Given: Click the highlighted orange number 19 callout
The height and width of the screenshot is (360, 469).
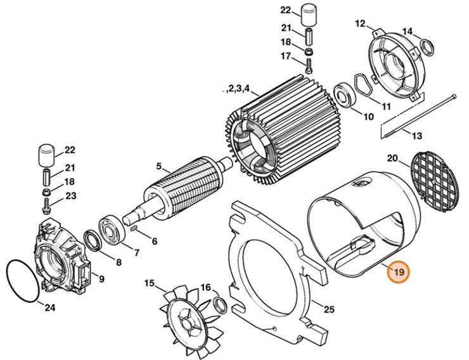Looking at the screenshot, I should coord(399,273).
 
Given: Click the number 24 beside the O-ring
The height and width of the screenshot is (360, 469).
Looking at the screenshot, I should coord(49,308).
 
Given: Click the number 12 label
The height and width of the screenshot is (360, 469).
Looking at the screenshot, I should coord(360,24).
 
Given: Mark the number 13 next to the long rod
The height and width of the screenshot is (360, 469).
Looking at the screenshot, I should coord(416,136).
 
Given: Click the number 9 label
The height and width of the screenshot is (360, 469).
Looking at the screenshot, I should coord(100,278).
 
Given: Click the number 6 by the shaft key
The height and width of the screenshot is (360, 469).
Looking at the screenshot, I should coord(154,241).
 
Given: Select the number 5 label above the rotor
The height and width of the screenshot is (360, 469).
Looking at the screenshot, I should coord(158,168).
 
